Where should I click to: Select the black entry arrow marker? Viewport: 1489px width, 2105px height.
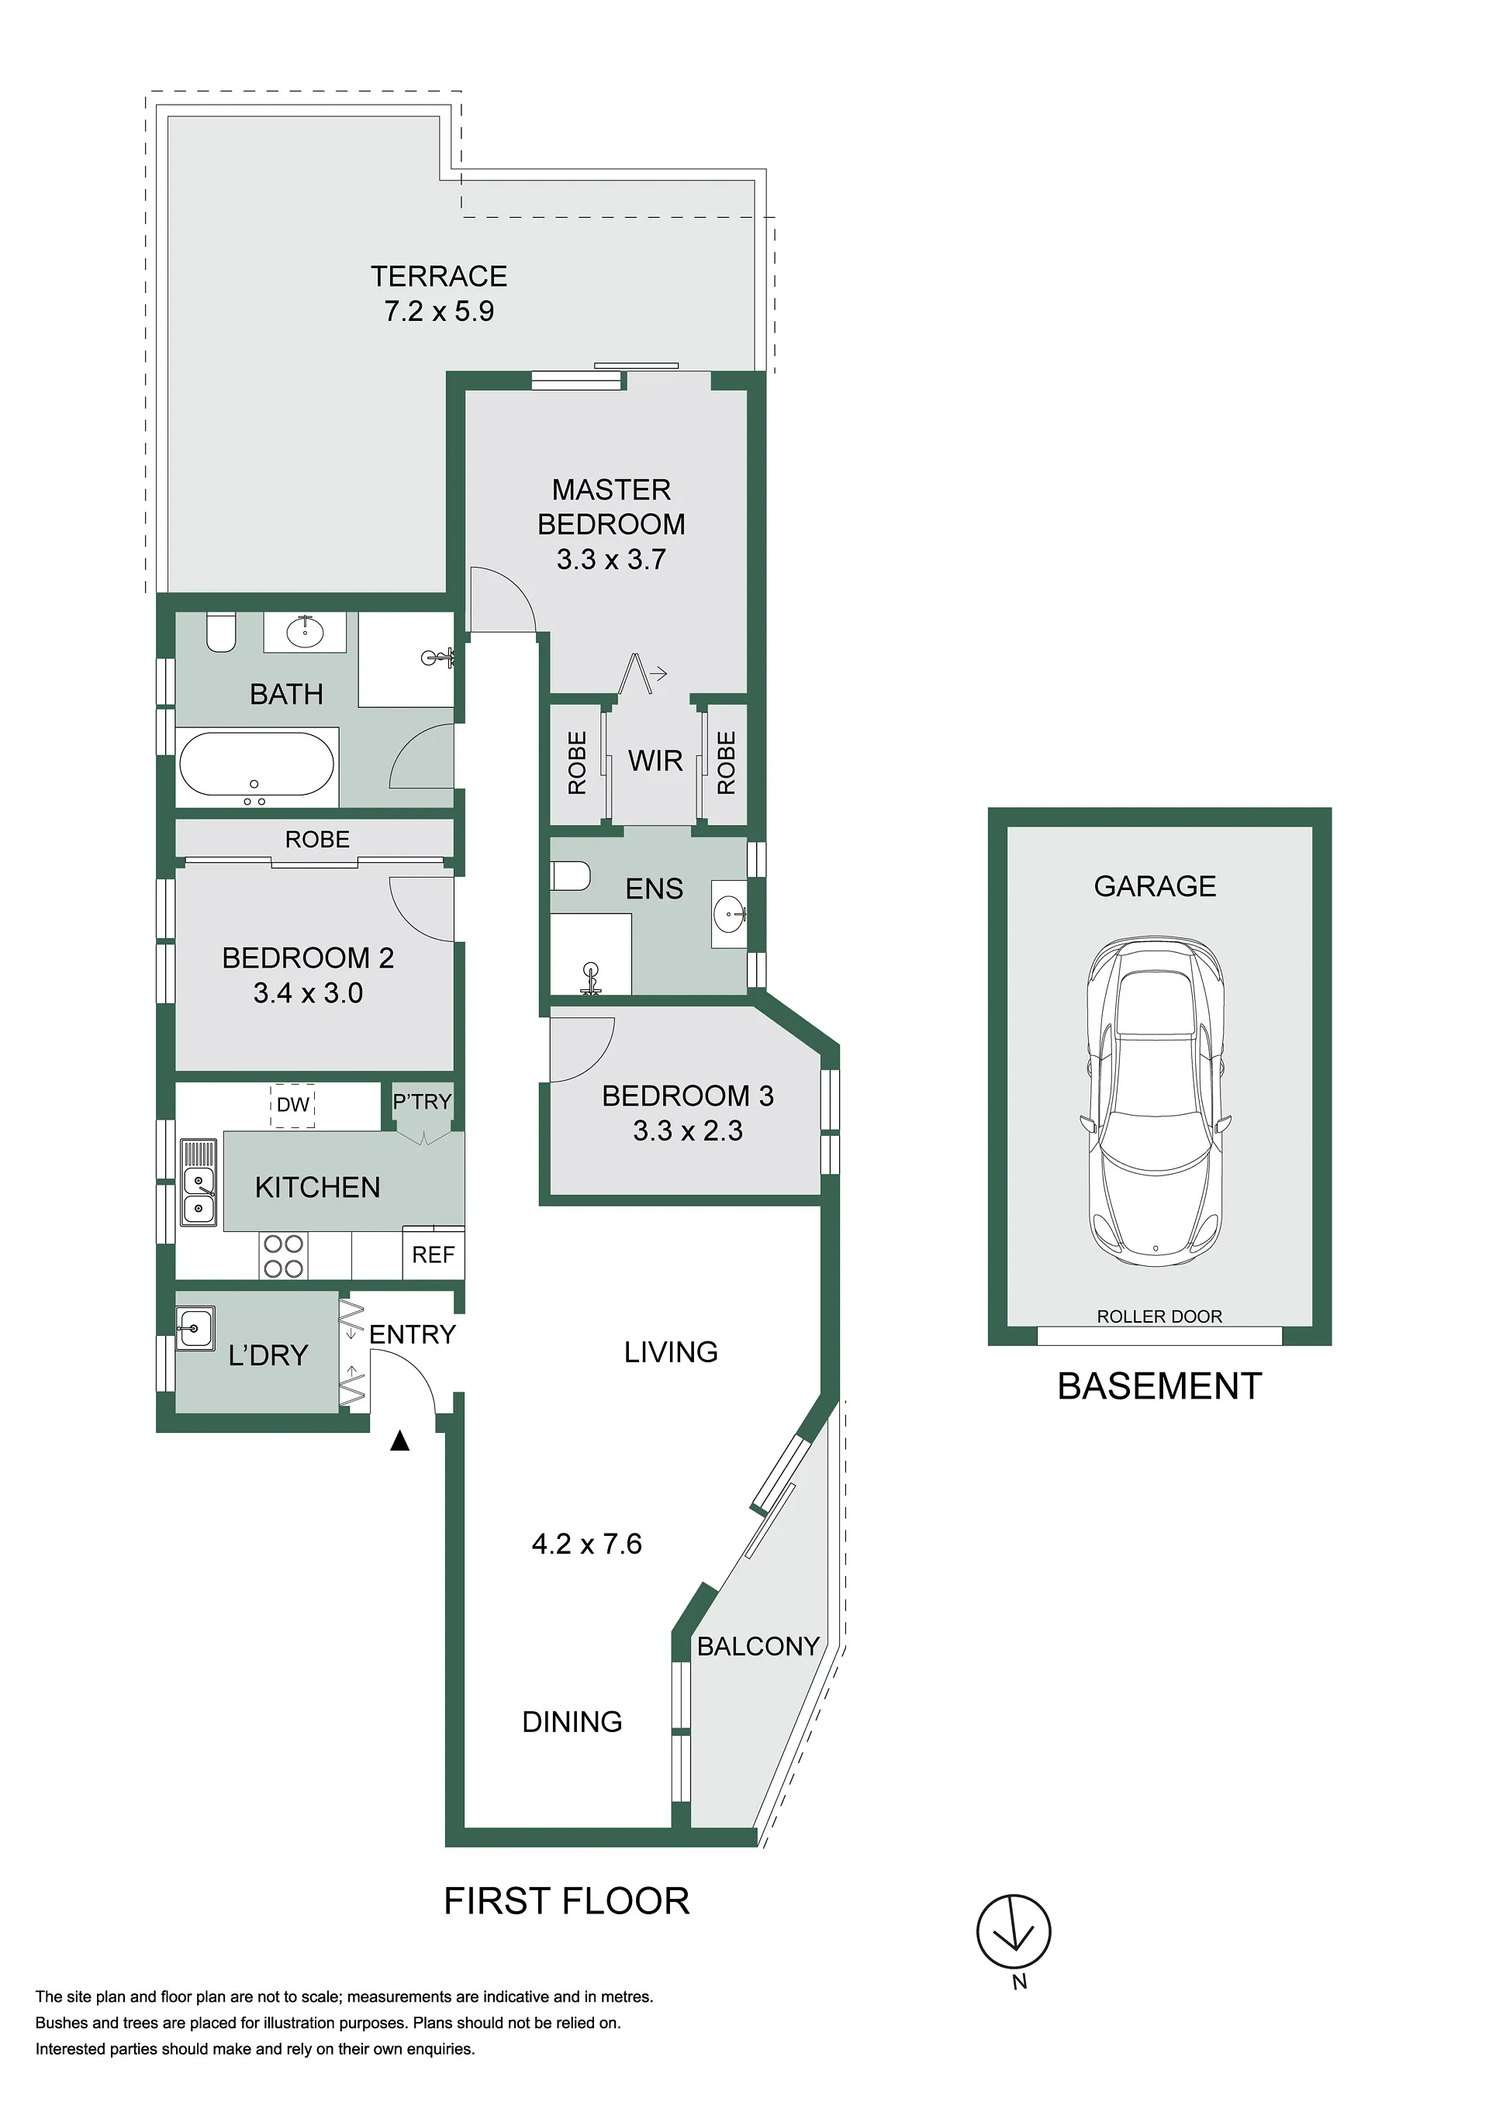click(399, 1441)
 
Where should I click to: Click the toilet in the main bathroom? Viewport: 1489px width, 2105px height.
click(221, 633)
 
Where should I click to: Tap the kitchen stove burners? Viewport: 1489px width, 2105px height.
click(283, 1256)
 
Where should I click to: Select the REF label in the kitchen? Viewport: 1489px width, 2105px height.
click(433, 1254)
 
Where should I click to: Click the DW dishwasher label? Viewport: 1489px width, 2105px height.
click(292, 1105)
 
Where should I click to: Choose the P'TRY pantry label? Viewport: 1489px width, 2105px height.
click(422, 1101)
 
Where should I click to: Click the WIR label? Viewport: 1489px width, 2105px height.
click(655, 760)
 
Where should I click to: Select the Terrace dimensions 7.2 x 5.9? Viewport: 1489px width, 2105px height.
click(439, 311)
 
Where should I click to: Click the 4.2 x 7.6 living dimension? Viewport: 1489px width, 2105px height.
click(587, 1544)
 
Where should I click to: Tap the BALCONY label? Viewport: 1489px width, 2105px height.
click(758, 1647)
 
